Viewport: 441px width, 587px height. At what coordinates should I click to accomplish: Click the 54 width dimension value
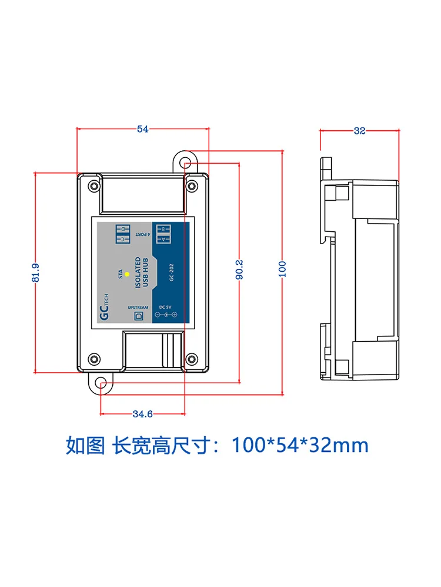[x=143, y=130]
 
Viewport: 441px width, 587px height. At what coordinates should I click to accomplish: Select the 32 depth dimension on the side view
[x=359, y=131]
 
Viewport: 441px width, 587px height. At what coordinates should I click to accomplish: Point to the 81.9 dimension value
[x=36, y=273]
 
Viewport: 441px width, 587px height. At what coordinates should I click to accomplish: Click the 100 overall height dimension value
[x=283, y=269]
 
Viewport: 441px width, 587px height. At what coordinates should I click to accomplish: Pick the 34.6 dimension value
[x=142, y=414]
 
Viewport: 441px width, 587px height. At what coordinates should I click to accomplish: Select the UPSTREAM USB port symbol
[x=139, y=316]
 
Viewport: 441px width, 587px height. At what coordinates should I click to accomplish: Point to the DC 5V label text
[x=165, y=306]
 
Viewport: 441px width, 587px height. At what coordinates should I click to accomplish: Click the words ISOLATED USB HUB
[x=141, y=274]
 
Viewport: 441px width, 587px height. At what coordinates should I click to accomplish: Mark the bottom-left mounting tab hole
[x=101, y=385]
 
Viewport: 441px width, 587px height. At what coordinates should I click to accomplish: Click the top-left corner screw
[x=93, y=186]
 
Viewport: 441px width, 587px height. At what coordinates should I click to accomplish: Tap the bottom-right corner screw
[x=191, y=359]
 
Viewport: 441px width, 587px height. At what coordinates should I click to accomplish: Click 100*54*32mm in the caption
[x=300, y=445]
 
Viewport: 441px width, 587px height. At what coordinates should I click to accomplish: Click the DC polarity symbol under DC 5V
[x=165, y=316]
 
